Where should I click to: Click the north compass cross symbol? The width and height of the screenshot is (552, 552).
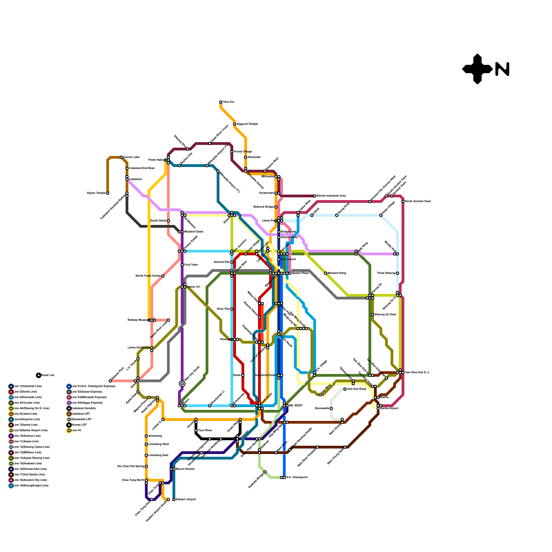click(x=477, y=69)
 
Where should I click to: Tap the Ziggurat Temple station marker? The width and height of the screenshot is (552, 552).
click(x=235, y=124)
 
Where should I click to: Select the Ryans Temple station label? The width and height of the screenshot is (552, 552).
click(x=96, y=193)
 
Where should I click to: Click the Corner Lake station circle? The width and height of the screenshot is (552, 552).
click(x=121, y=157)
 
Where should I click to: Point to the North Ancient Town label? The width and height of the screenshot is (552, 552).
click(x=418, y=201)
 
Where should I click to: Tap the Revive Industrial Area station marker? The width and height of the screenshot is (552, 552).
click(x=315, y=196)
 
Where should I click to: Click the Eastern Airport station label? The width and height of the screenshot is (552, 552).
click(x=186, y=500)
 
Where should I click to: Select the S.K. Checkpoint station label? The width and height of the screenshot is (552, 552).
click(x=297, y=477)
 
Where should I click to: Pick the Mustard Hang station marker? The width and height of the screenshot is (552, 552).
click(x=326, y=273)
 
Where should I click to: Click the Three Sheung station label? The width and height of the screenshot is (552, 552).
click(x=386, y=273)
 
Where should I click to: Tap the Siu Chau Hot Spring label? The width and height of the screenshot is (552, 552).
click(x=131, y=466)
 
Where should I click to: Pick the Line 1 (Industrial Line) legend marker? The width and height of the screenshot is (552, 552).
click(x=11, y=386)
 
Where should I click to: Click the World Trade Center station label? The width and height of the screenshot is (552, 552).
click(x=148, y=276)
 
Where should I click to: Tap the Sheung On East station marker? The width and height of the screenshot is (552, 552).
click(x=373, y=315)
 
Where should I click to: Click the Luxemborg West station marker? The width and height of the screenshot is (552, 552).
click(x=146, y=444)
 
